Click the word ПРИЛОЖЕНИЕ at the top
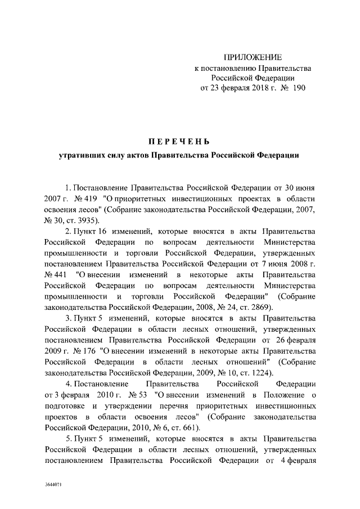click(x=253, y=57)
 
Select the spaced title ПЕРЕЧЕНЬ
click(x=180, y=139)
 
